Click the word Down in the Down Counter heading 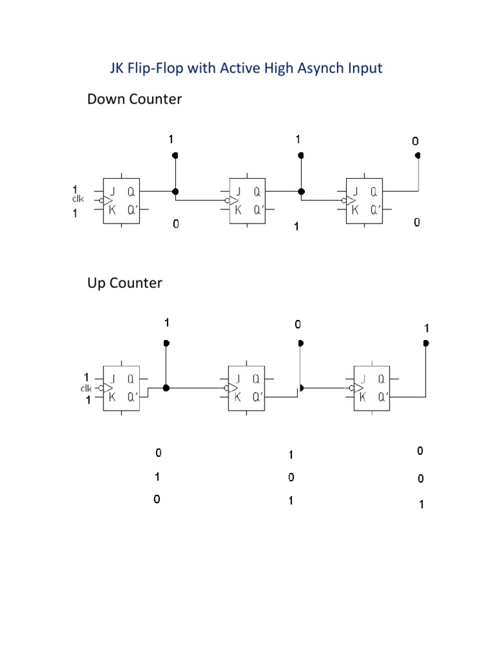pyautogui.click(x=107, y=100)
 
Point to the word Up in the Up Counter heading pyautogui.click(x=96, y=283)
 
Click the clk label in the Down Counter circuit pyautogui.click(x=78, y=199)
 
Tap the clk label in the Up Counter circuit pyautogui.click(x=86, y=389)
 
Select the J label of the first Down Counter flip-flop pyautogui.click(x=112, y=191)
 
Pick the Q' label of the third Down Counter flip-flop pyautogui.click(x=373, y=209)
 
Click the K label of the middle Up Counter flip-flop pyautogui.click(x=238, y=396)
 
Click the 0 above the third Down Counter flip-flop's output pyautogui.click(x=415, y=141)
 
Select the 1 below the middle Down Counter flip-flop pyautogui.click(x=297, y=227)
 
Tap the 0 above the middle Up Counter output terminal pyautogui.click(x=297, y=325)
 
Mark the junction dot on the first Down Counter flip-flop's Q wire pyautogui.click(x=175, y=191)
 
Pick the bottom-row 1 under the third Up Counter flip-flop pyautogui.click(x=421, y=505)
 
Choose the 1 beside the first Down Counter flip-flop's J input pyautogui.click(x=75, y=189)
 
